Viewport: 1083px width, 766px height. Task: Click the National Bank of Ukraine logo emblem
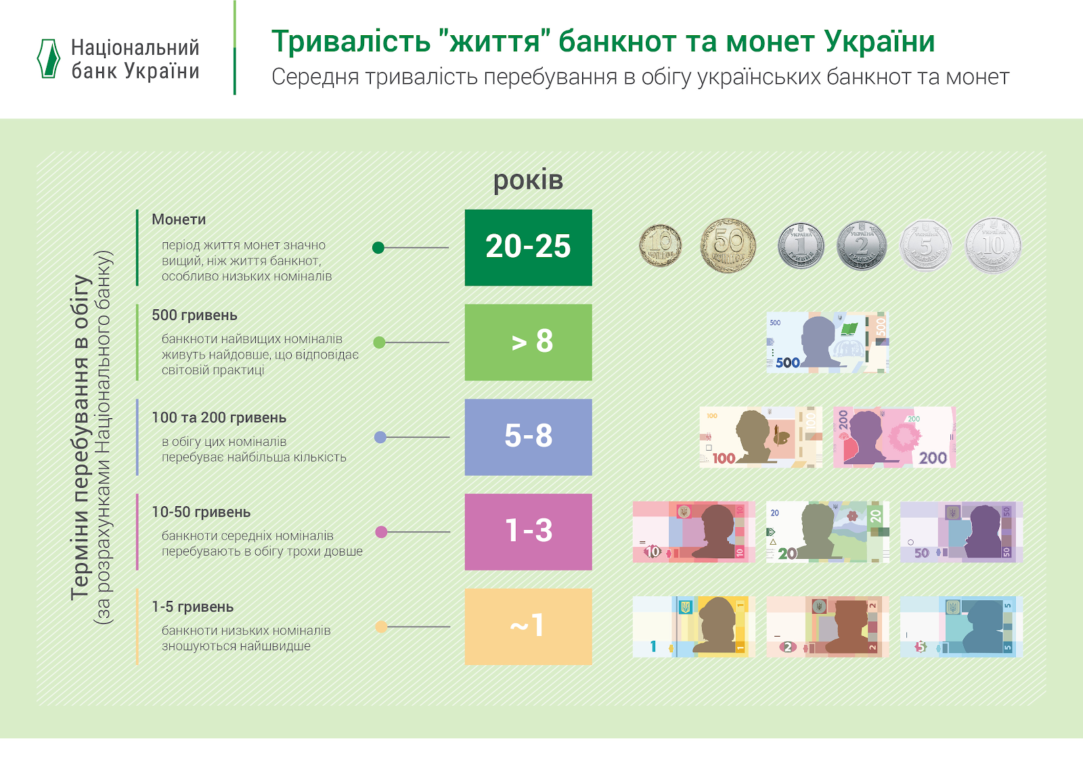coord(48,58)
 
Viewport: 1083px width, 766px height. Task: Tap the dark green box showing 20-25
coord(528,248)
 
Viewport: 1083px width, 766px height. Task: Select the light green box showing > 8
coord(528,342)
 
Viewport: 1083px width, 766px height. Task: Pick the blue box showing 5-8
coord(528,437)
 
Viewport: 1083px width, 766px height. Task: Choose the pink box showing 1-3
coord(528,532)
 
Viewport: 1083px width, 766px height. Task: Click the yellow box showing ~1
coord(528,627)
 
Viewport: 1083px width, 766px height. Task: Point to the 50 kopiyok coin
coord(728,246)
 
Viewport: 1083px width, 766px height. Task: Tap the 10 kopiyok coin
coord(660,246)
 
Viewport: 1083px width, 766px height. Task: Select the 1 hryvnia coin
coord(801,246)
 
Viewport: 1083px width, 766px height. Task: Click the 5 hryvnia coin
coord(925,246)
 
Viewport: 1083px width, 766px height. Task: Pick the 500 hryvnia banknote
coord(827,342)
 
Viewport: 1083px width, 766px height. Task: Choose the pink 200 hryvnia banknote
coord(894,437)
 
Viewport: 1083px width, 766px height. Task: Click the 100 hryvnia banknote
coord(761,437)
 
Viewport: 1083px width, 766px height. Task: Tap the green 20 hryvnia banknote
coord(827,532)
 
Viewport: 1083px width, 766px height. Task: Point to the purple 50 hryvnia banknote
coord(961,532)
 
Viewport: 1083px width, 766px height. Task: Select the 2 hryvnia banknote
coord(827,627)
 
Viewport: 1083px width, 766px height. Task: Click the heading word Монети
coord(179,219)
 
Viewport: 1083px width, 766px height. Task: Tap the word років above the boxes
coord(528,181)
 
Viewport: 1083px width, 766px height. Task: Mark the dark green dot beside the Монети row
coord(378,248)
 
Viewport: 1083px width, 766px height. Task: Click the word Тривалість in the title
coord(351,41)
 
